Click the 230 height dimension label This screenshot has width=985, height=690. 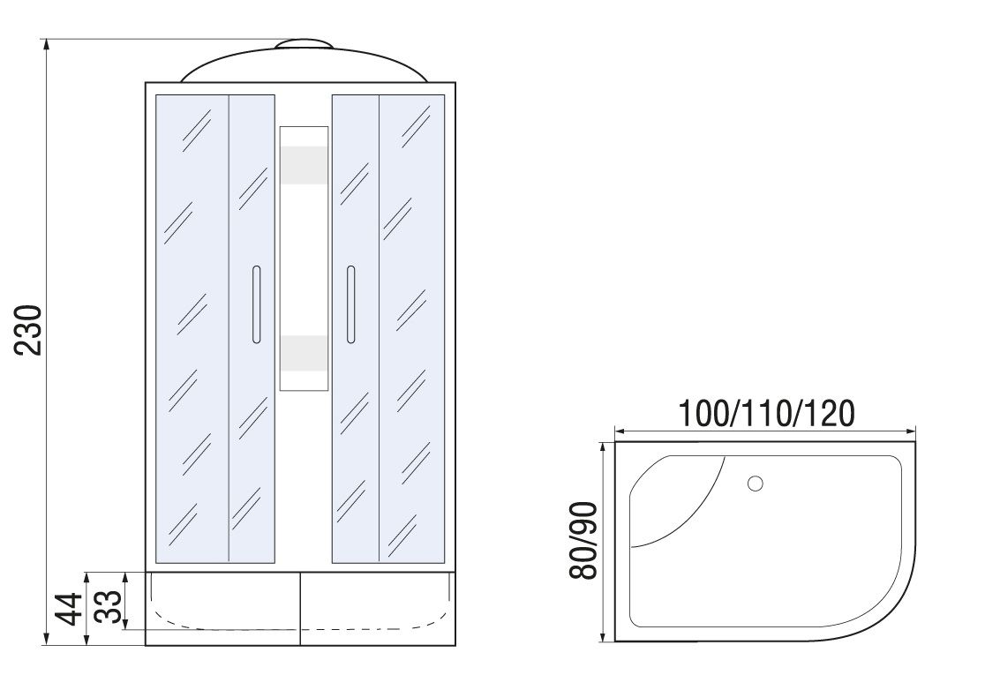[x=29, y=331]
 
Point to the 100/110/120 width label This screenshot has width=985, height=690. [x=766, y=413]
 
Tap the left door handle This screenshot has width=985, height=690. [x=256, y=304]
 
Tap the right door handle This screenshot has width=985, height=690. [x=350, y=304]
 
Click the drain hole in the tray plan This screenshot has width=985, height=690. [x=756, y=484]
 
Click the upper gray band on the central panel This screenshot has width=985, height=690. [x=304, y=166]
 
